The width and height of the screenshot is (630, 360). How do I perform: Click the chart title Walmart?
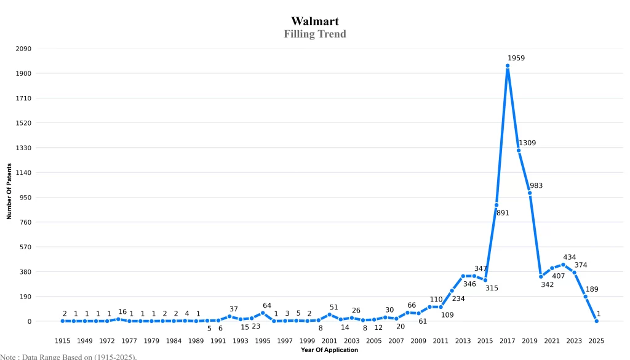[x=315, y=22]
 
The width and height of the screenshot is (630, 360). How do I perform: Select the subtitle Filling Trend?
[x=315, y=34]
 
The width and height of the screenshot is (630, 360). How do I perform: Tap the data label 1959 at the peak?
[x=516, y=58]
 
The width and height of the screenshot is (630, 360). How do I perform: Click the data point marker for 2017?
[x=508, y=66]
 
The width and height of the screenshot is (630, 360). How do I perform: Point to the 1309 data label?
[x=527, y=143]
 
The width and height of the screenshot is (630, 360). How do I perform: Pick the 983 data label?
[x=536, y=186]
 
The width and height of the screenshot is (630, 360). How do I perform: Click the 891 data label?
[x=503, y=213]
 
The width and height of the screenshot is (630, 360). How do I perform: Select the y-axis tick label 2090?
[x=23, y=49]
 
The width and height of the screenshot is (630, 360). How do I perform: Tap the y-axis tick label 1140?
[x=23, y=173]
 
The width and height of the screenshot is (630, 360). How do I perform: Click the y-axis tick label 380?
[x=25, y=272]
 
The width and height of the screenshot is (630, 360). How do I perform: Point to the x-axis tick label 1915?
[x=62, y=341]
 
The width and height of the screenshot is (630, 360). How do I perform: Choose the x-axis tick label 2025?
[x=596, y=341]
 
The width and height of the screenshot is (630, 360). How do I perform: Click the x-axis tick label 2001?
[x=329, y=341]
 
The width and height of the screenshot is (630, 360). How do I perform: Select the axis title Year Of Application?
[x=329, y=350]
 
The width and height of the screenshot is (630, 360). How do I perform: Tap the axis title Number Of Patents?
[x=9, y=191]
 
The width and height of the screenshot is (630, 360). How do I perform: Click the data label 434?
[x=570, y=257]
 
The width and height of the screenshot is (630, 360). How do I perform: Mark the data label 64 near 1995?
[x=267, y=306]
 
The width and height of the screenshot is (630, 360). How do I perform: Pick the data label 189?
[x=592, y=289]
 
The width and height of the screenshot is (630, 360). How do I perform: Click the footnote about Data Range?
[x=68, y=356]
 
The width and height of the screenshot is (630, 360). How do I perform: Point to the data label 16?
[x=122, y=312]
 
